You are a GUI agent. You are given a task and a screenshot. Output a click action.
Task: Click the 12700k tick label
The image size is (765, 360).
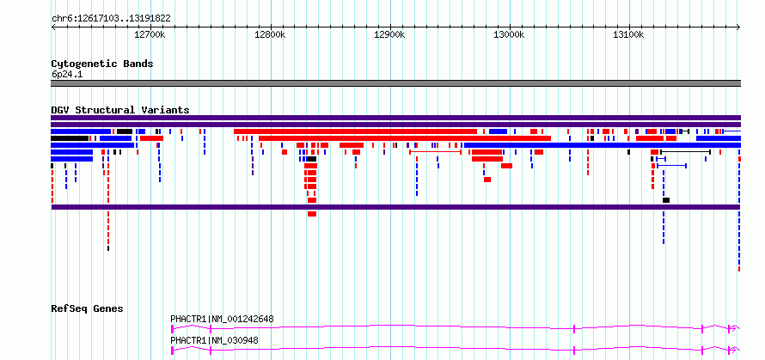coord(150,35)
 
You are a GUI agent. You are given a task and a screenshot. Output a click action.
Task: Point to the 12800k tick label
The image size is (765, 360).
coord(270,35)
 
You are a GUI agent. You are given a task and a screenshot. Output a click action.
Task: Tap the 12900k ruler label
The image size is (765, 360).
coord(390,35)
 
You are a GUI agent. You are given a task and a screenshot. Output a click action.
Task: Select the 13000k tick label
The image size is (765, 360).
coord(510,35)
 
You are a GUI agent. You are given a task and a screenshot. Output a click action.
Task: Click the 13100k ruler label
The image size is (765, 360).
coord(629,35)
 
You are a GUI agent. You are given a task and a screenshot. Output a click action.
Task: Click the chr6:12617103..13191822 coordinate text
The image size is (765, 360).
coord(111,19)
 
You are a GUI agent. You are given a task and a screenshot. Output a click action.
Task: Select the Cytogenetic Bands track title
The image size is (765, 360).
coord(102,64)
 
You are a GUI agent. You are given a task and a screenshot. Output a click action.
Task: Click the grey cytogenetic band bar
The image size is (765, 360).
coord(395,83)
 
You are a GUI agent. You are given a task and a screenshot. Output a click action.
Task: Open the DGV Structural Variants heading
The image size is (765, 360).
coord(120,110)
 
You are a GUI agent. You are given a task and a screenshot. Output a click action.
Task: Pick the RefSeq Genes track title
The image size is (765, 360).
coord(88,308)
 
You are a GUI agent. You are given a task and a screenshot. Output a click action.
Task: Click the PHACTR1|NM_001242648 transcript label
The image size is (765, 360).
coord(222,319)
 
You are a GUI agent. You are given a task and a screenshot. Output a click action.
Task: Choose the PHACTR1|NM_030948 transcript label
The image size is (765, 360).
coord(214,340)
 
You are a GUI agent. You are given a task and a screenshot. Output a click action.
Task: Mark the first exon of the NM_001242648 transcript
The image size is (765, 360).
coord(172,329)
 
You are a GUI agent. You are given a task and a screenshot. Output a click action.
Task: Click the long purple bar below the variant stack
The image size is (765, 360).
coord(395,207)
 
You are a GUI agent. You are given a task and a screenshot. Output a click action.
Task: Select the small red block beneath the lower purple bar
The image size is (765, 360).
coord(312,214)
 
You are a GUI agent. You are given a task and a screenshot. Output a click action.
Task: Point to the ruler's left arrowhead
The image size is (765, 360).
coord(53,27)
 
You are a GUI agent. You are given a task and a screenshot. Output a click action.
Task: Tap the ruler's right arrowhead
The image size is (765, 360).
coord(738,27)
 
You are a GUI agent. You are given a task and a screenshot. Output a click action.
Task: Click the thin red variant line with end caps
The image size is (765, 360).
coord(435,152)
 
